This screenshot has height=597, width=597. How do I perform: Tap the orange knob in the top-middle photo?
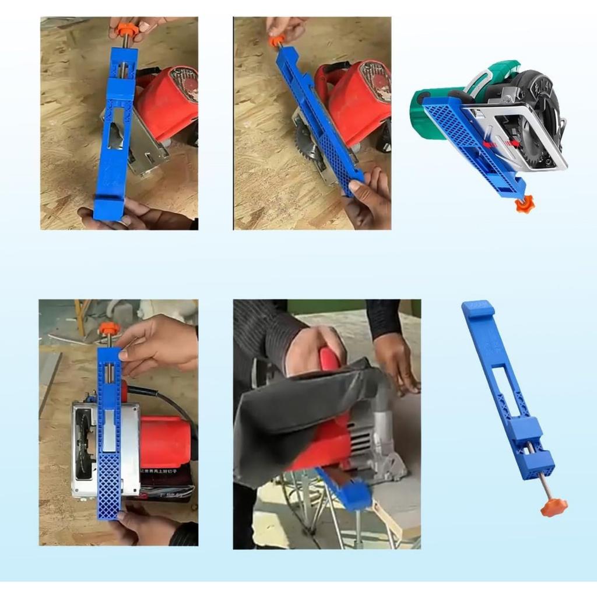(x=275, y=41)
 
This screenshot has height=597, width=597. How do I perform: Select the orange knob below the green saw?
(x=524, y=205)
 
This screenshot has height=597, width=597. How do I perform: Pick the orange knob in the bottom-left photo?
(x=108, y=329)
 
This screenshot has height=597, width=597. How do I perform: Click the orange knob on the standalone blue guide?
(x=553, y=507)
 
